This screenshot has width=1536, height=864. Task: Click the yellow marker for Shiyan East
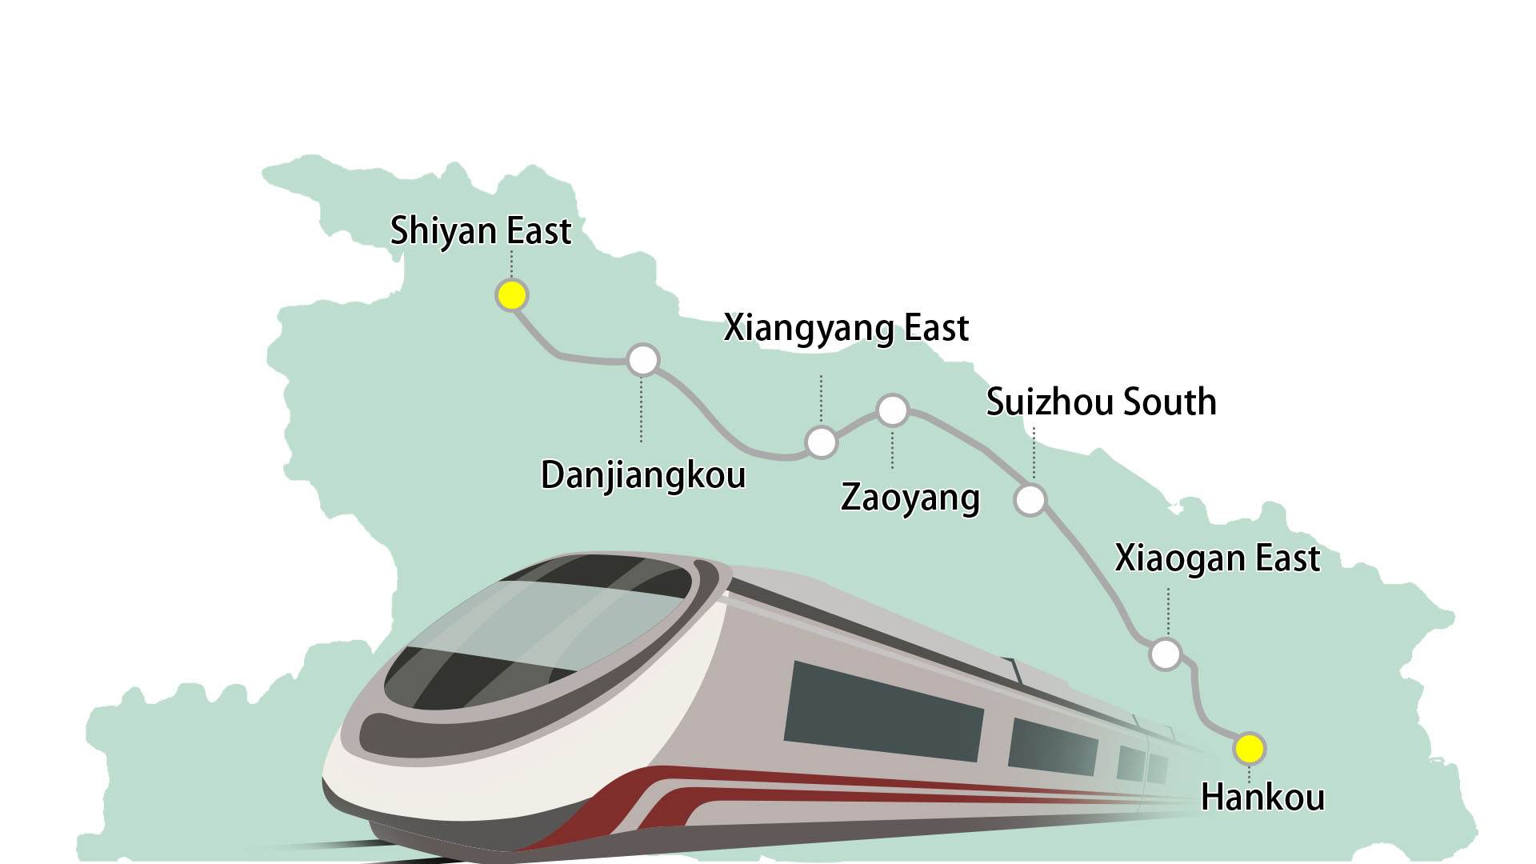[x=511, y=296]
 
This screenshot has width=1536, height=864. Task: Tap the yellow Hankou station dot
[x=1249, y=749]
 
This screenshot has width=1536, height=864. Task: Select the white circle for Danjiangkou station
[x=642, y=360]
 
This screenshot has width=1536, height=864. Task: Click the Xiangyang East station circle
[x=821, y=442]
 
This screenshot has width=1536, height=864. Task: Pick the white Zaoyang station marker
[x=892, y=410]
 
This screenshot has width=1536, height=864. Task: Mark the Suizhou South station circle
[x=1030, y=500]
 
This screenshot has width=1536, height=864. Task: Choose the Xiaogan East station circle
[x=1165, y=654]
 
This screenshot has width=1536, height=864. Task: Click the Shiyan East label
[x=480, y=231]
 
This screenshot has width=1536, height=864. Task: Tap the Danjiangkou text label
[x=643, y=475]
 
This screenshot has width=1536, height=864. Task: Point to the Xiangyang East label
[x=846, y=328]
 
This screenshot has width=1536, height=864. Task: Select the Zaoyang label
[x=910, y=498]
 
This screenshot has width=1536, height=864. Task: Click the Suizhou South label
[x=1101, y=402]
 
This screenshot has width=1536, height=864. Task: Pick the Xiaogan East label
[x=1216, y=558]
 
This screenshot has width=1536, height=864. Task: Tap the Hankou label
[x=1262, y=798]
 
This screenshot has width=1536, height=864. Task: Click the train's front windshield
[x=536, y=632]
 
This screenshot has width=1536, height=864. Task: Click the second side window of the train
[x=1052, y=746]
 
